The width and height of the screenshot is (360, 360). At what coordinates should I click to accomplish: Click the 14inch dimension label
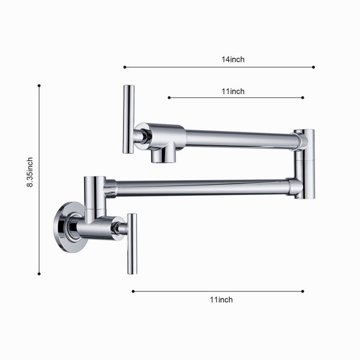(x=233, y=59)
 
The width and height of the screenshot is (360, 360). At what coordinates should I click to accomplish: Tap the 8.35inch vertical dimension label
(x=30, y=172)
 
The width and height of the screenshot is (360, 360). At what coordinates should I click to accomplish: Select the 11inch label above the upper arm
(x=233, y=91)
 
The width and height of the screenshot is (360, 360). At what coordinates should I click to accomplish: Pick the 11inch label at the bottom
(x=221, y=299)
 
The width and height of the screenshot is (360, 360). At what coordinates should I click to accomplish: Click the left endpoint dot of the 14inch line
(x=125, y=67)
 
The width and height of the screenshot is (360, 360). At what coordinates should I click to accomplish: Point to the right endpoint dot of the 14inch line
(x=313, y=67)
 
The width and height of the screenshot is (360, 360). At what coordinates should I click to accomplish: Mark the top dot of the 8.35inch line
(x=39, y=86)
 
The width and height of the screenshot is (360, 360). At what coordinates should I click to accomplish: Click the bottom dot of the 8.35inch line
(x=39, y=274)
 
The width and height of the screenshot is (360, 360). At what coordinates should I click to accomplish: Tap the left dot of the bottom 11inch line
(x=133, y=292)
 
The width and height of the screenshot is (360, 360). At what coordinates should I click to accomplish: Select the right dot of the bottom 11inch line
(x=302, y=292)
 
